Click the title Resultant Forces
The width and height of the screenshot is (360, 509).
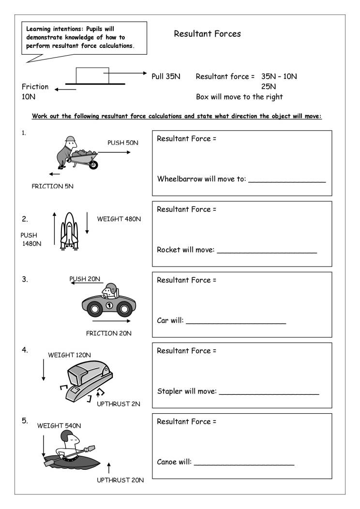coord(207,34)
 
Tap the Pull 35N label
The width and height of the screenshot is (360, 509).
coord(166,76)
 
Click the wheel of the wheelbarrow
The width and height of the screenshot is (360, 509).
coord(93,165)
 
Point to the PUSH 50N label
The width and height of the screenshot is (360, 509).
coord(122,143)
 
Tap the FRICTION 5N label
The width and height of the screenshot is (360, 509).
coord(53,186)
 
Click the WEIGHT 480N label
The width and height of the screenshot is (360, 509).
coord(119,219)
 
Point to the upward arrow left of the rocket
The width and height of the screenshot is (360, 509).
coord(54,229)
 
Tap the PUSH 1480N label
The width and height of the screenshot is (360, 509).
coord(30,239)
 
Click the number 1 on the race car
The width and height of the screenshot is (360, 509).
coord(109,305)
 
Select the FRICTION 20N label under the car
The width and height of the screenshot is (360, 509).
coord(108,333)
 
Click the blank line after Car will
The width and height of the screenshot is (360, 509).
coord(236,323)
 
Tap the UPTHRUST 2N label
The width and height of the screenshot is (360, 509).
coord(119,404)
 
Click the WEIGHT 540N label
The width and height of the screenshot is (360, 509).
coord(59,426)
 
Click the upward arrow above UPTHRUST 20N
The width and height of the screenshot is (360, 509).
coord(109,467)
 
